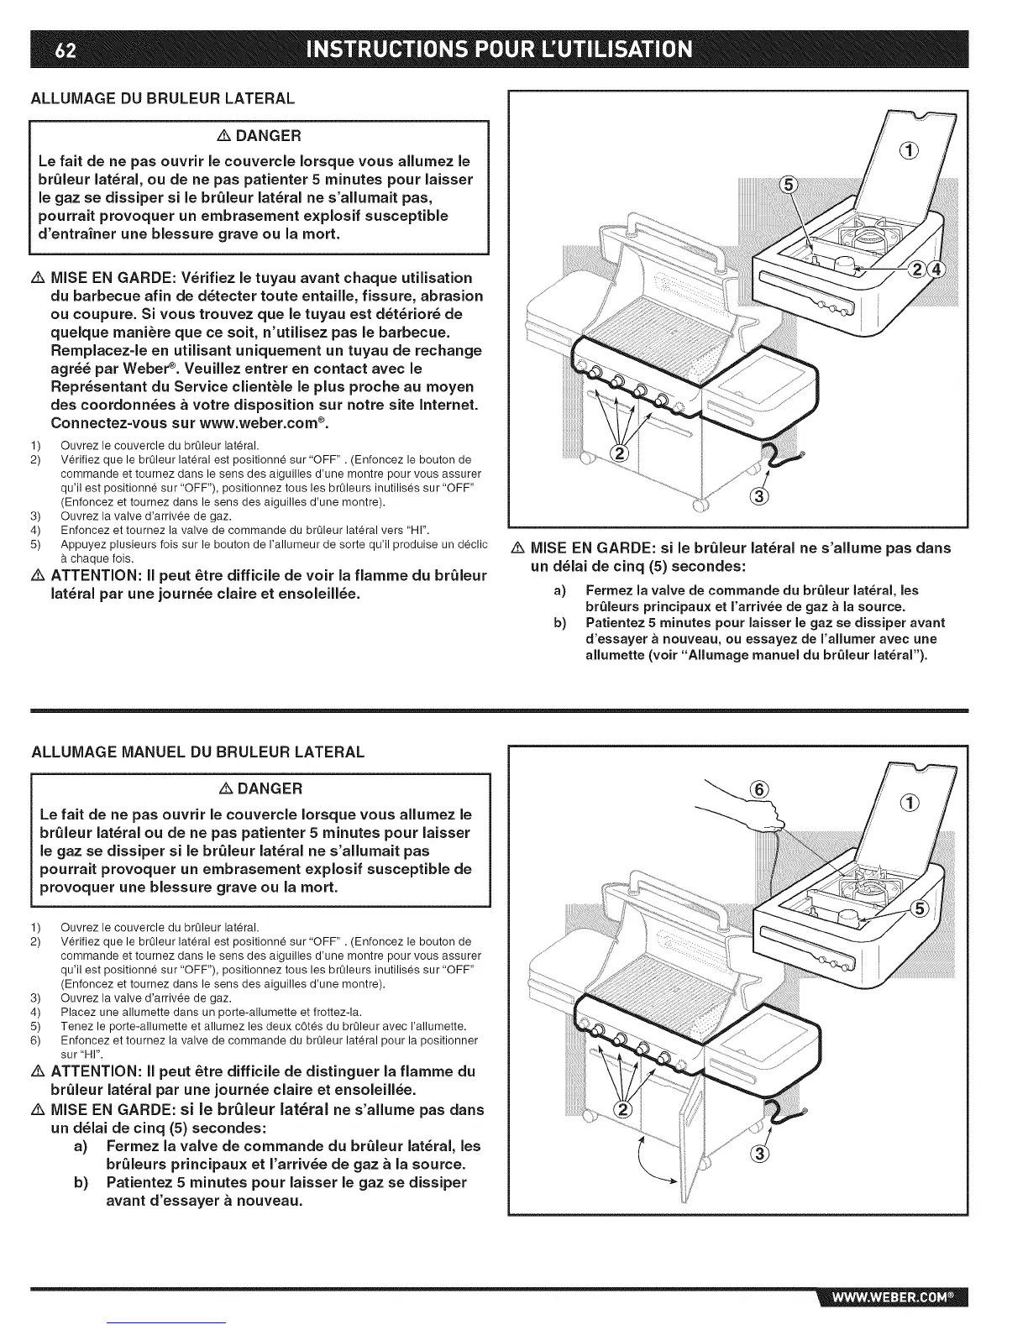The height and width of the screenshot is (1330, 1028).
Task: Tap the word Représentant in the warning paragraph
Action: coord(104,387)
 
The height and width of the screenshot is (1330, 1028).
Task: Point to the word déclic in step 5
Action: coord(469,546)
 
